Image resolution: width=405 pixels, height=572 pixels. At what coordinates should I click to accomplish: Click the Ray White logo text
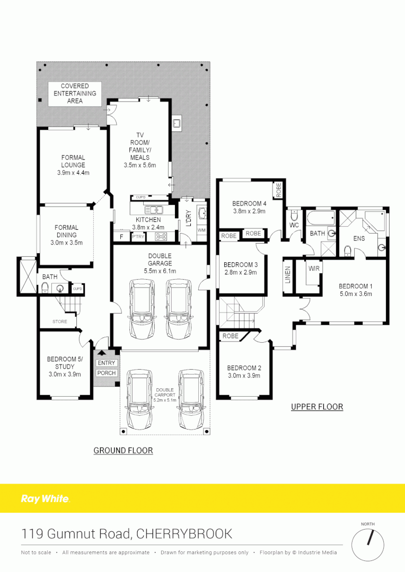click(45, 498)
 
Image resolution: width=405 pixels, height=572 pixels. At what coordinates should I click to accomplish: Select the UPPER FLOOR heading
click(317, 407)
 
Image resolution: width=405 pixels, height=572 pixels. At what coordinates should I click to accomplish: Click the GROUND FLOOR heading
click(123, 450)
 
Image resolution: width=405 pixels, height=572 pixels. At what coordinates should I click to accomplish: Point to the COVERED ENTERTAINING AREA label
click(75, 93)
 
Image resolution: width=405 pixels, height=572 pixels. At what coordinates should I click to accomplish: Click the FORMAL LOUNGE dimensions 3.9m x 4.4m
click(73, 173)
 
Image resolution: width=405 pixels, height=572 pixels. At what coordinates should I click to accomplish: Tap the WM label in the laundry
click(201, 230)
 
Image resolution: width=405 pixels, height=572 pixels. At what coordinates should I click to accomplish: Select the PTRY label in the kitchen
click(138, 237)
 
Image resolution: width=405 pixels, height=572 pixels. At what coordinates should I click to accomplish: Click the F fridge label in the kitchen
click(121, 237)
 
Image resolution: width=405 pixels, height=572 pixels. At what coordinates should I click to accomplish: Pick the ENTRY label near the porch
click(106, 363)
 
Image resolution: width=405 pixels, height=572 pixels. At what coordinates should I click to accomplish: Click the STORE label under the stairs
click(59, 321)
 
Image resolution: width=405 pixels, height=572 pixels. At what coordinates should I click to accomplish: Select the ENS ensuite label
click(359, 238)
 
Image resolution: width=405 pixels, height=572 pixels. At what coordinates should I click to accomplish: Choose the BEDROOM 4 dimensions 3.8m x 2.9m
click(249, 211)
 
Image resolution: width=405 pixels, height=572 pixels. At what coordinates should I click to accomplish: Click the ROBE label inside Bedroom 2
click(230, 336)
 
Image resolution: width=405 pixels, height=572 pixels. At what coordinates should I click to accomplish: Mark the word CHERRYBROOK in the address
click(184, 533)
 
